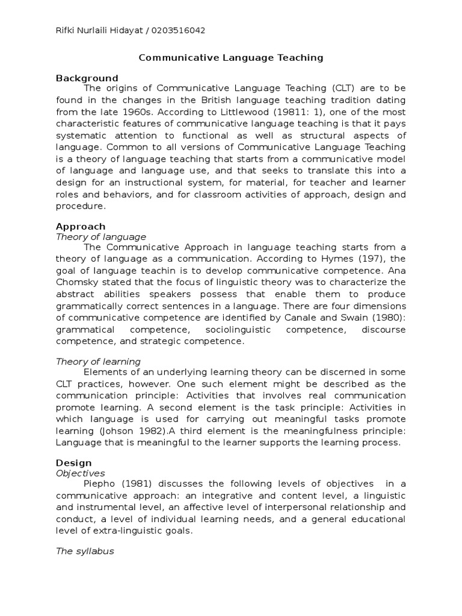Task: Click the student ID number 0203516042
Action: tap(179, 31)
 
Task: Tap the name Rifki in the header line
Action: tap(65, 31)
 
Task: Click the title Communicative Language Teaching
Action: tap(231, 58)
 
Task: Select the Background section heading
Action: tap(87, 78)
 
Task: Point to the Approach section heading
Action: tap(81, 227)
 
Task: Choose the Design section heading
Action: tap(74, 463)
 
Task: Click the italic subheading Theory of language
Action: tap(100, 237)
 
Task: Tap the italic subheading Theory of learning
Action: tap(98, 362)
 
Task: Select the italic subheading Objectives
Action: tap(81, 473)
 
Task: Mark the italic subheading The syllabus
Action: tap(85, 551)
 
